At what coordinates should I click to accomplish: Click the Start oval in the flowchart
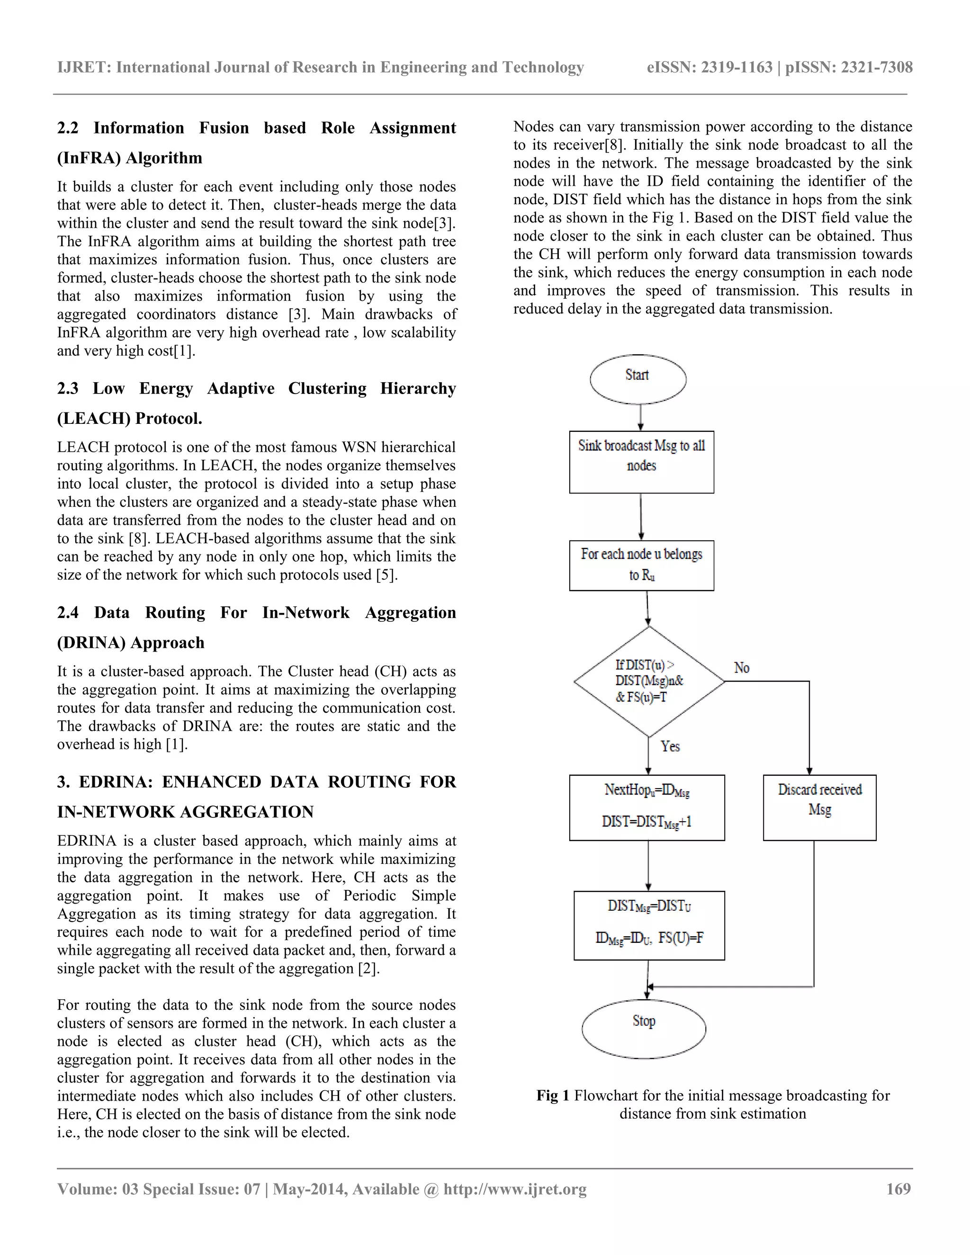[x=638, y=379]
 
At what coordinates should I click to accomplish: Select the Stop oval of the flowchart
[x=644, y=1029]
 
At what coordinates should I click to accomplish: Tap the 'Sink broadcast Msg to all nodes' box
[x=641, y=462]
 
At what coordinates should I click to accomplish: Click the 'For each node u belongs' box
[x=641, y=565]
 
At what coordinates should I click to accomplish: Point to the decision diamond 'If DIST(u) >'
[x=649, y=681]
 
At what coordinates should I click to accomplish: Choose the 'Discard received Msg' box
[x=819, y=807]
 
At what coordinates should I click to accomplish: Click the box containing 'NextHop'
[x=647, y=807]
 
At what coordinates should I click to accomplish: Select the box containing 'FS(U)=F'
[x=649, y=925]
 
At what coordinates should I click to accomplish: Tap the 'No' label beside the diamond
[x=741, y=668]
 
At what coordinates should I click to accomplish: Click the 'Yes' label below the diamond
[x=670, y=746]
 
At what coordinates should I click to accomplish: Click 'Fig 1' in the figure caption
[x=552, y=1095]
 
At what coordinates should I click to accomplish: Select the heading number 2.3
[x=67, y=388]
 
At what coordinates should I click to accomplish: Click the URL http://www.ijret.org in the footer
[x=514, y=1189]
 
